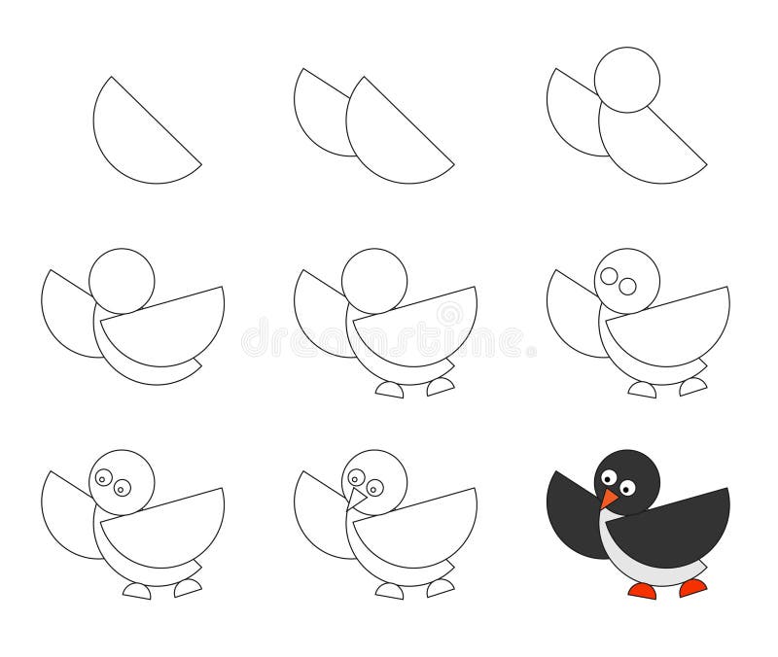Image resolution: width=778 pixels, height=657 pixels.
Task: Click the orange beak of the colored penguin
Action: coord(608,499)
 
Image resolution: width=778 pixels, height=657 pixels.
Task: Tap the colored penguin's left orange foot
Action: coord(641,590)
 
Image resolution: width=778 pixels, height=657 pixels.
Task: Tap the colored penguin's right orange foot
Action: coord(692,587)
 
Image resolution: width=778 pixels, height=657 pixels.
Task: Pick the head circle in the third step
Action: coord(627,79)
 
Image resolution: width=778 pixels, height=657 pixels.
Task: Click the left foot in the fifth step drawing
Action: coord(390,390)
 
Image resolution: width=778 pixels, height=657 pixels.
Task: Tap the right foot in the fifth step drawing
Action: coord(440,386)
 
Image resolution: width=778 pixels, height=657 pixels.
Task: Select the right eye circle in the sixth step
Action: coord(627,286)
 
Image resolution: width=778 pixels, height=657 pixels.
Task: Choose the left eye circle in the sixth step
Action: coord(609,276)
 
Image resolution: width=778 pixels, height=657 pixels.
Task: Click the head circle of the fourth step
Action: coord(122,281)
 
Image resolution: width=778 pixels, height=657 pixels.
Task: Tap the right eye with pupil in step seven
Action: coord(122,488)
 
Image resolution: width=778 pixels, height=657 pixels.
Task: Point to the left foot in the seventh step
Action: coord(137,591)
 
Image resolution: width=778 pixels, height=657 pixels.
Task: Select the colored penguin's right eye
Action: coord(627,488)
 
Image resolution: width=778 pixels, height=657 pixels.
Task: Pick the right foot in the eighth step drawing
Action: coord(440,587)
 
